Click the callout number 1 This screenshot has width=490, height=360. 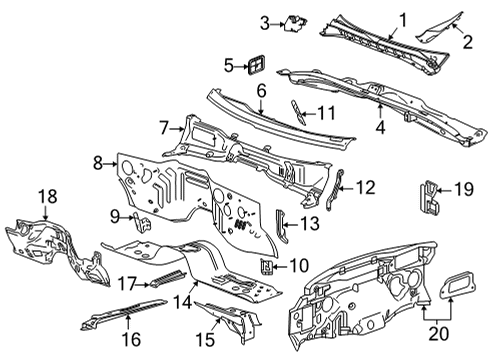[404, 18]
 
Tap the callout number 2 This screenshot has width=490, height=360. [465, 40]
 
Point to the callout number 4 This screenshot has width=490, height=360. [381, 126]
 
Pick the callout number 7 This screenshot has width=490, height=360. [164, 127]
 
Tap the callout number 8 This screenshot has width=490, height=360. [98, 161]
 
